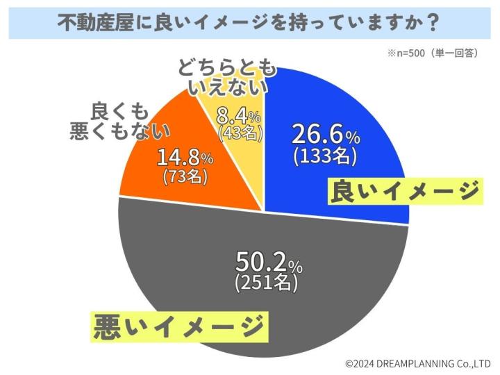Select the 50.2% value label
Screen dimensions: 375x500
pyautogui.click(x=268, y=262)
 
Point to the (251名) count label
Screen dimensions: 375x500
pyautogui.click(x=267, y=283)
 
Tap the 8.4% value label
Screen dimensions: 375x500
pyautogui.click(x=239, y=113)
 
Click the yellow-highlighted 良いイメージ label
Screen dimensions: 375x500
pyautogui.click(x=404, y=191)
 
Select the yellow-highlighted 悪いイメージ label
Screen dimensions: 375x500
pyautogui.click(x=178, y=325)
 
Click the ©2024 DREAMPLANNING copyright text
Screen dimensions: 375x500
pyautogui.click(x=418, y=362)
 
